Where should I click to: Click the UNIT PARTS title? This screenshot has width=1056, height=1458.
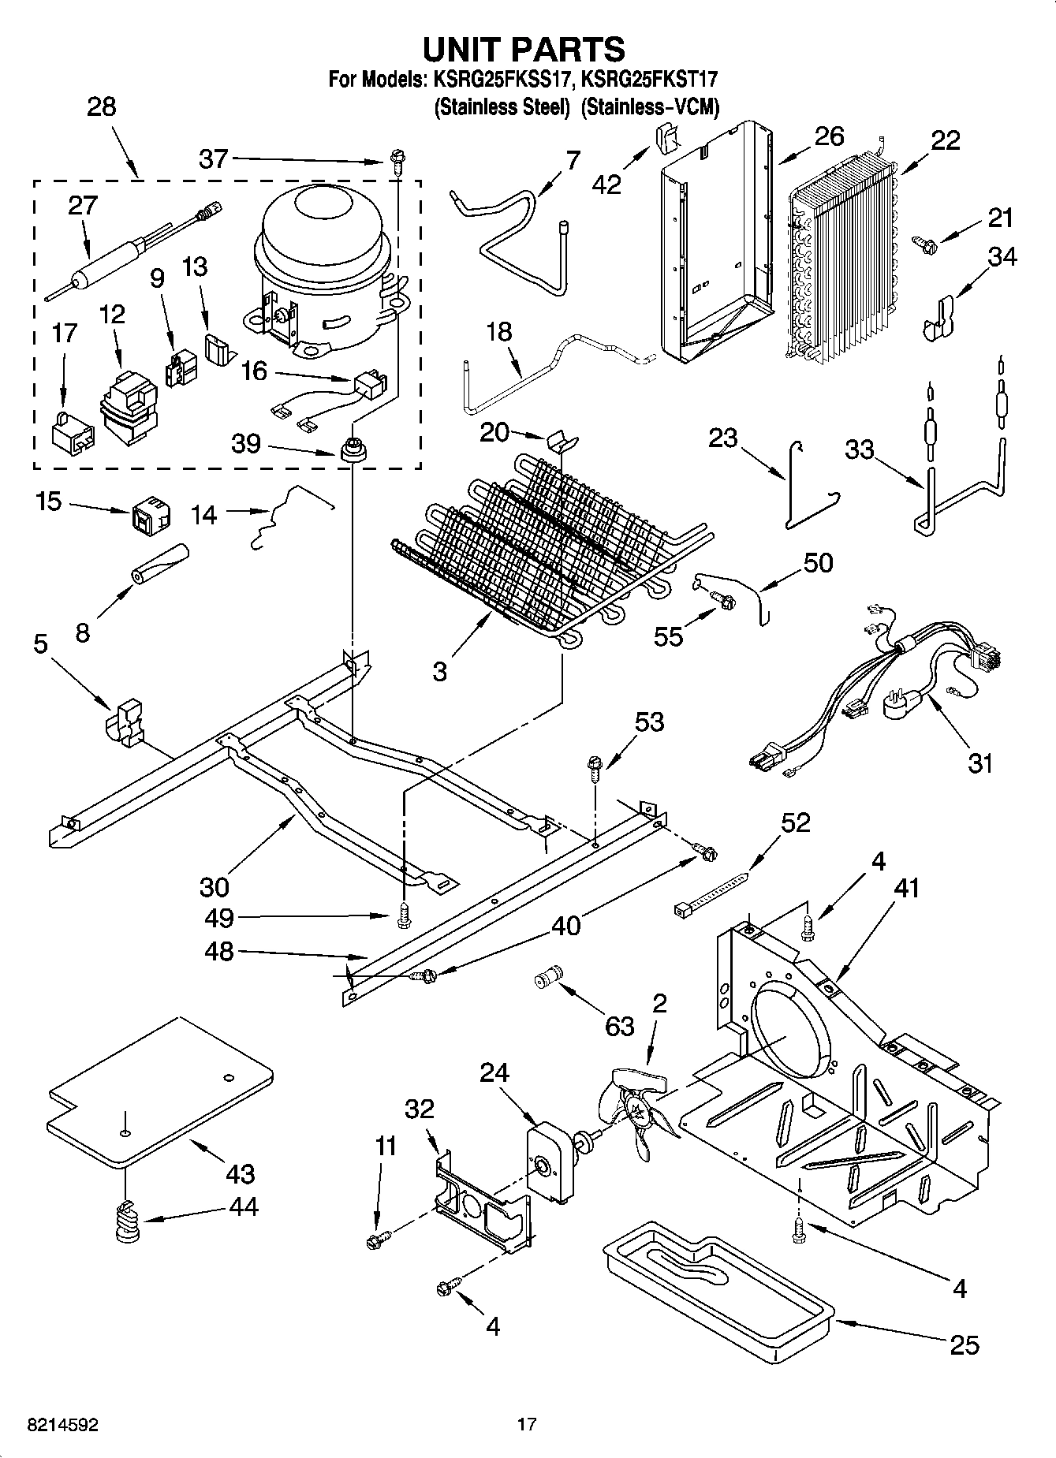524,49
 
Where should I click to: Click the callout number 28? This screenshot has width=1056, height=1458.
102,106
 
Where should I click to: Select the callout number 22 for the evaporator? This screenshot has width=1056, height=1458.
946,140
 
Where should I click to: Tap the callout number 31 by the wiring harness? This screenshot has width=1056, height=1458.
980,763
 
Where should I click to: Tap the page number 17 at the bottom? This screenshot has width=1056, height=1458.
527,1424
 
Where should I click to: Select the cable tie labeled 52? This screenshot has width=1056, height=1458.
710,893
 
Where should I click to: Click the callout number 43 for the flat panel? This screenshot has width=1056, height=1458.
240,1173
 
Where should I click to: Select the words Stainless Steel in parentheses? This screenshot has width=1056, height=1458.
502,107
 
